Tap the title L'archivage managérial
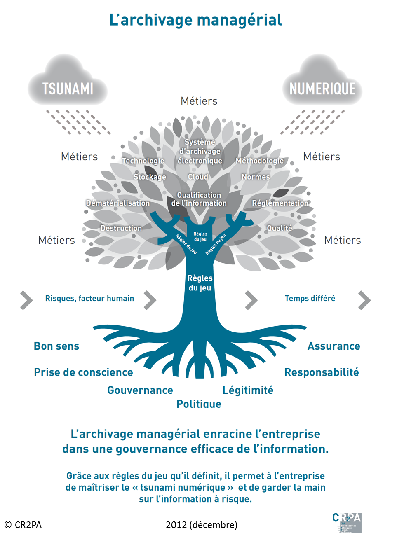click(x=196, y=20)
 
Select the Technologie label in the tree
click(x=143, y=161)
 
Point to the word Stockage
click(x=150, y=177)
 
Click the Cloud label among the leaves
click(x=198, y=177)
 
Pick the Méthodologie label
click(x=260, y=161)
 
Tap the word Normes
click(x=256, y=177)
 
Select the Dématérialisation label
click(x=118, y=203)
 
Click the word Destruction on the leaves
click(x=121, y=228)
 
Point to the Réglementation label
click(x=280, y=203)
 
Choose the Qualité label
click(x=280, y=228)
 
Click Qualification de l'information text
click(x=199, y=199)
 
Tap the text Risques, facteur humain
click(x=89, y=298)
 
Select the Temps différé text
click(x=310, y=298)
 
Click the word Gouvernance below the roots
click(x=140, y=390)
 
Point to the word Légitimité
click(x=248, y=390)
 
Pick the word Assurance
click(x=334, y=346)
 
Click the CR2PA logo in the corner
click(x=347, y=522)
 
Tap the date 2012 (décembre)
click(x=202, y=525)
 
